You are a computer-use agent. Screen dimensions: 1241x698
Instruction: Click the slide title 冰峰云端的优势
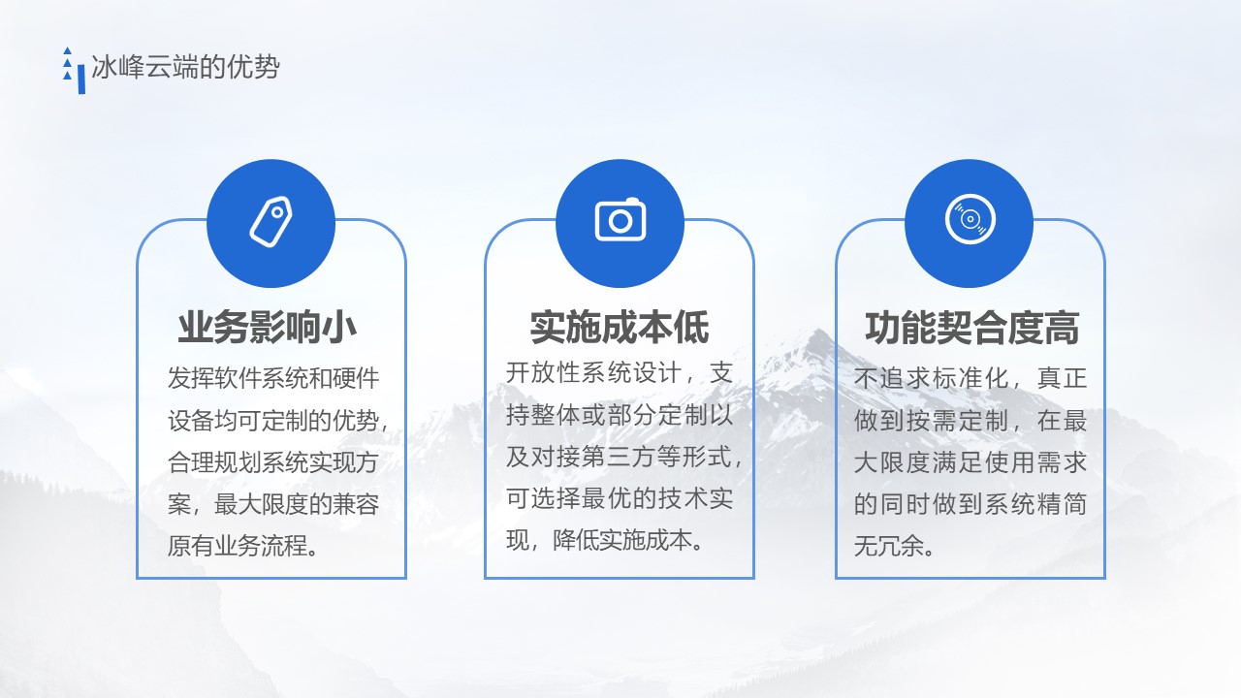click(185, 67)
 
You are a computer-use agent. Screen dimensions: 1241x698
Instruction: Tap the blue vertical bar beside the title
click(81, 79)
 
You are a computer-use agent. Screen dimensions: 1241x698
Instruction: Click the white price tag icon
click(270, 222)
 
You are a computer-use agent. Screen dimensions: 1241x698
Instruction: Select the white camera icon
click(620, 219)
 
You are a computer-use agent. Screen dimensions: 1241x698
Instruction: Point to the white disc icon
click(971, 219)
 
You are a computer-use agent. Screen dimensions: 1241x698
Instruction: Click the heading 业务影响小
click(267, 328)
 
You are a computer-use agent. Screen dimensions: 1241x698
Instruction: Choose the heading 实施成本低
click(620, 328)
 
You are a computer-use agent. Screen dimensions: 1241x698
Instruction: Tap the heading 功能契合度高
click(972, 328)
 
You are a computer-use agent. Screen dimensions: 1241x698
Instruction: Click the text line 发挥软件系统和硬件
click(273, 378)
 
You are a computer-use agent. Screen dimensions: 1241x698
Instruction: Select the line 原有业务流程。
click(243, 546)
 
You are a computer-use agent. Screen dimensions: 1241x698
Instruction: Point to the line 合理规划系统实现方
click(273, 462)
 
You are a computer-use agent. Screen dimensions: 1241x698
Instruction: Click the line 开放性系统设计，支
click(620, 372)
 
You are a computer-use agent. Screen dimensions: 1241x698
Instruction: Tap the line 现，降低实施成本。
click(605, 540)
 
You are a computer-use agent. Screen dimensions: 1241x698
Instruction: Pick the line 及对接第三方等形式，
click(623, 456)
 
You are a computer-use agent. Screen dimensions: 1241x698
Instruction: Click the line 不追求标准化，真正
click(971, 378)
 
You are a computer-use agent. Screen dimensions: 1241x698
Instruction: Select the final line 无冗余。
click(894, 546)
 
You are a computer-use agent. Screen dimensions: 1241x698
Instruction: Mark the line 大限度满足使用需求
click(971, 462)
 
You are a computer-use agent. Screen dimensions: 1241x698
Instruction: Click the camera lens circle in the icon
click(620, 222)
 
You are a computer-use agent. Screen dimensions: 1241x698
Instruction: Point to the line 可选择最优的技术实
click(620, 498)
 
